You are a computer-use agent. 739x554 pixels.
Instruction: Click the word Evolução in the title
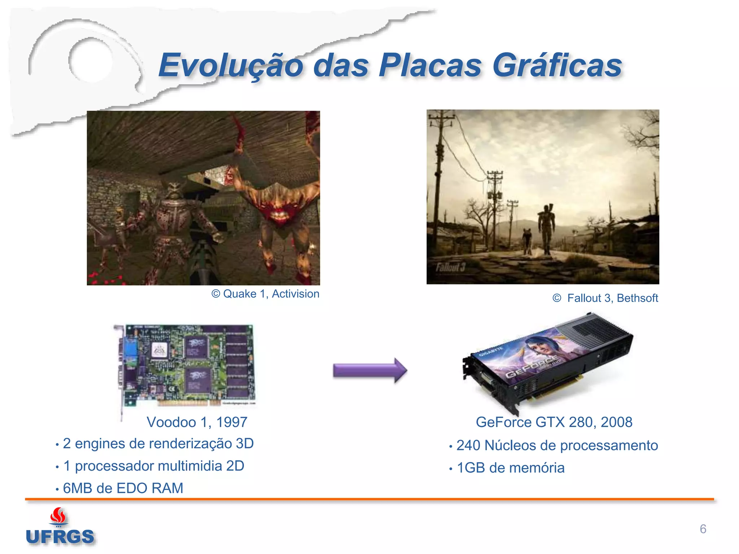[231, 66]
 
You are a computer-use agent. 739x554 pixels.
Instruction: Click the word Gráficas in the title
[557, 66]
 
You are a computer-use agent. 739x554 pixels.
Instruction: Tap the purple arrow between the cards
[370, 370]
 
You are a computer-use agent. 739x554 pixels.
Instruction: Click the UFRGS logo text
[60, 537]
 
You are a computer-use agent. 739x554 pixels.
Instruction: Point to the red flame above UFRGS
[58, 516]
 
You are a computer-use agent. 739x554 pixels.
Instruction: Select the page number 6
[703, 529]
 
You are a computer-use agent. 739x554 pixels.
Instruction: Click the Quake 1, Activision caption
[266, 294]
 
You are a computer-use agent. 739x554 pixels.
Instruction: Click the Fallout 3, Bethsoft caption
[605, 298]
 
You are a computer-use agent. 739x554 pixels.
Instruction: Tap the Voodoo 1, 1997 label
[197, 422]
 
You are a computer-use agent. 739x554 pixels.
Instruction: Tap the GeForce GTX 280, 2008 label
[554, 422]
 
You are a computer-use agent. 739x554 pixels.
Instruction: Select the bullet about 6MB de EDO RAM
[123, 488]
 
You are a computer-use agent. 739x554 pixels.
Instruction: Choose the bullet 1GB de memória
[510, 468]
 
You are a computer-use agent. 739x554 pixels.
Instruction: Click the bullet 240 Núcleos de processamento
[557, 445]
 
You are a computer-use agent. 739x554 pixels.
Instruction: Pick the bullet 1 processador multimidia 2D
[153, 466]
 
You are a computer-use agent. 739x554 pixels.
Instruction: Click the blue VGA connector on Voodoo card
[129, 352]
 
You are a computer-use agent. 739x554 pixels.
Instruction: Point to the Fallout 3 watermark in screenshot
[451, 267]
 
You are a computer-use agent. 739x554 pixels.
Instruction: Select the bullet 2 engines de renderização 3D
[158, 444]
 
